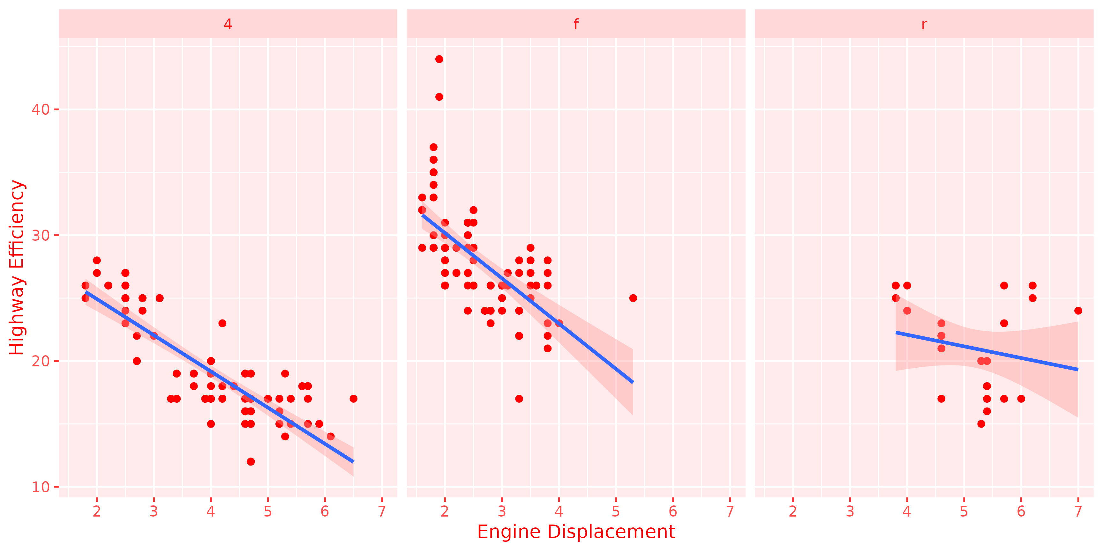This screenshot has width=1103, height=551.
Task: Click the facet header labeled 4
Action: click(228, 24)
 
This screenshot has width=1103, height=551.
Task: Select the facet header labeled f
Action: click(576, 24)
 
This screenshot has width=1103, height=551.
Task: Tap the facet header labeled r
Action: click(924, 24)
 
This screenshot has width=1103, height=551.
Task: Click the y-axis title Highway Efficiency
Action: click(17, 268)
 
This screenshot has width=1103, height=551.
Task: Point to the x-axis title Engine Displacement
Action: click(576, 532)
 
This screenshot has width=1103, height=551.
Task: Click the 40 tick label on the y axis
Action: click(41, 109)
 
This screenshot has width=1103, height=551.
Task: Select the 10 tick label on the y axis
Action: click(41, 487)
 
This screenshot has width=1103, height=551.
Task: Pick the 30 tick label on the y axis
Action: click(41, 235)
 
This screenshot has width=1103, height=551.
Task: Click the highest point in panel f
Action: click(439, 59)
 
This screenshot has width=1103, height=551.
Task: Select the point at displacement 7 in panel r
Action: click(1078, 311)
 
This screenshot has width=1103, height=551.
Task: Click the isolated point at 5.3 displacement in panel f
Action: click(633, 298)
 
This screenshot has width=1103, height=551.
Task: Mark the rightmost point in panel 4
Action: click(353, 399)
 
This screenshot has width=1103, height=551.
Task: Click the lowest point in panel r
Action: click(981, 424)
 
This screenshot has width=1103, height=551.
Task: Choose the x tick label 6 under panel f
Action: click(673, 511)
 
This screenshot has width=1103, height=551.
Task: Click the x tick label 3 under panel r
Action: click(850, 511)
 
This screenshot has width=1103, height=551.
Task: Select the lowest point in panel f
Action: click(519, 399)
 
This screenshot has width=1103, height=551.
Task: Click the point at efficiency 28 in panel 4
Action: click(97, 261)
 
